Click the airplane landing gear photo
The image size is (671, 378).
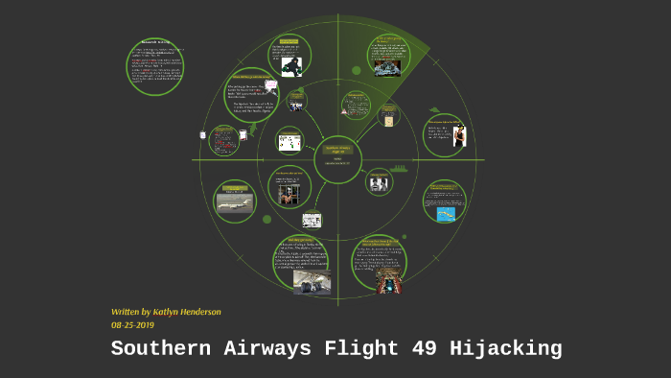(x=312, y=281)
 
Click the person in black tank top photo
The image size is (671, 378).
(x=458, y=135)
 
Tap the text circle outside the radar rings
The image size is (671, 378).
(x=154, y=67)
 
